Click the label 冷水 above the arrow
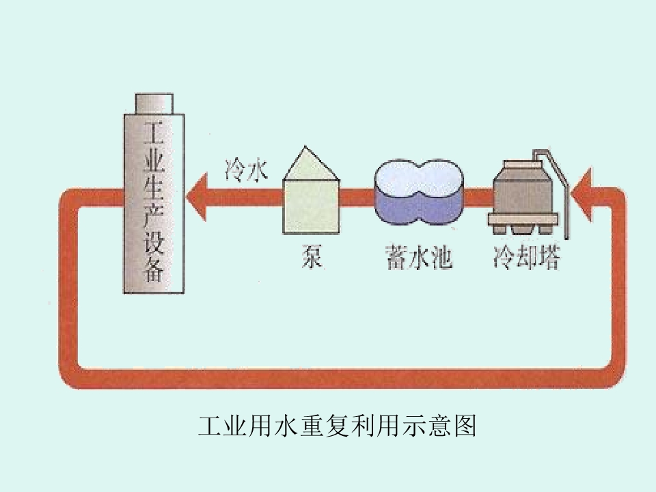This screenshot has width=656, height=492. pyautogui.click(x=246, y=170)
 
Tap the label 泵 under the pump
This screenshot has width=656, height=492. pyautogui.click(x=312, y=256)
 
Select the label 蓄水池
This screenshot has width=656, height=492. pyautogui.click(x=418, y=256)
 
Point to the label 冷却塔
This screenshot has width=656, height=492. pyautogui.click(x=526, y=256)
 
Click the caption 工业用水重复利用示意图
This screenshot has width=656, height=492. pyautogui.click(x=337, y=426)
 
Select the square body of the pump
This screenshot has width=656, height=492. pyautogui.click(x=311, y=206)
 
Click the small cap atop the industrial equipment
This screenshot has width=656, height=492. pyautogui.click(x=154, y=103)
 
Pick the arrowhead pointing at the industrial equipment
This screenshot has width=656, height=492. pyautogui.click(x=197, y=196)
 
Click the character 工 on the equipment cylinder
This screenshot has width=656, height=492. pyautogui.click(x=154, y=133)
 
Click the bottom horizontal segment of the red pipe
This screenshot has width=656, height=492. pyautogui.click(x=342, y=378)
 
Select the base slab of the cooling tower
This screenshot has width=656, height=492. pyautogui.click(x=523, y=219)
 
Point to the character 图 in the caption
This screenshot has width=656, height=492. pyautogui.click(x=465, y=426)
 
